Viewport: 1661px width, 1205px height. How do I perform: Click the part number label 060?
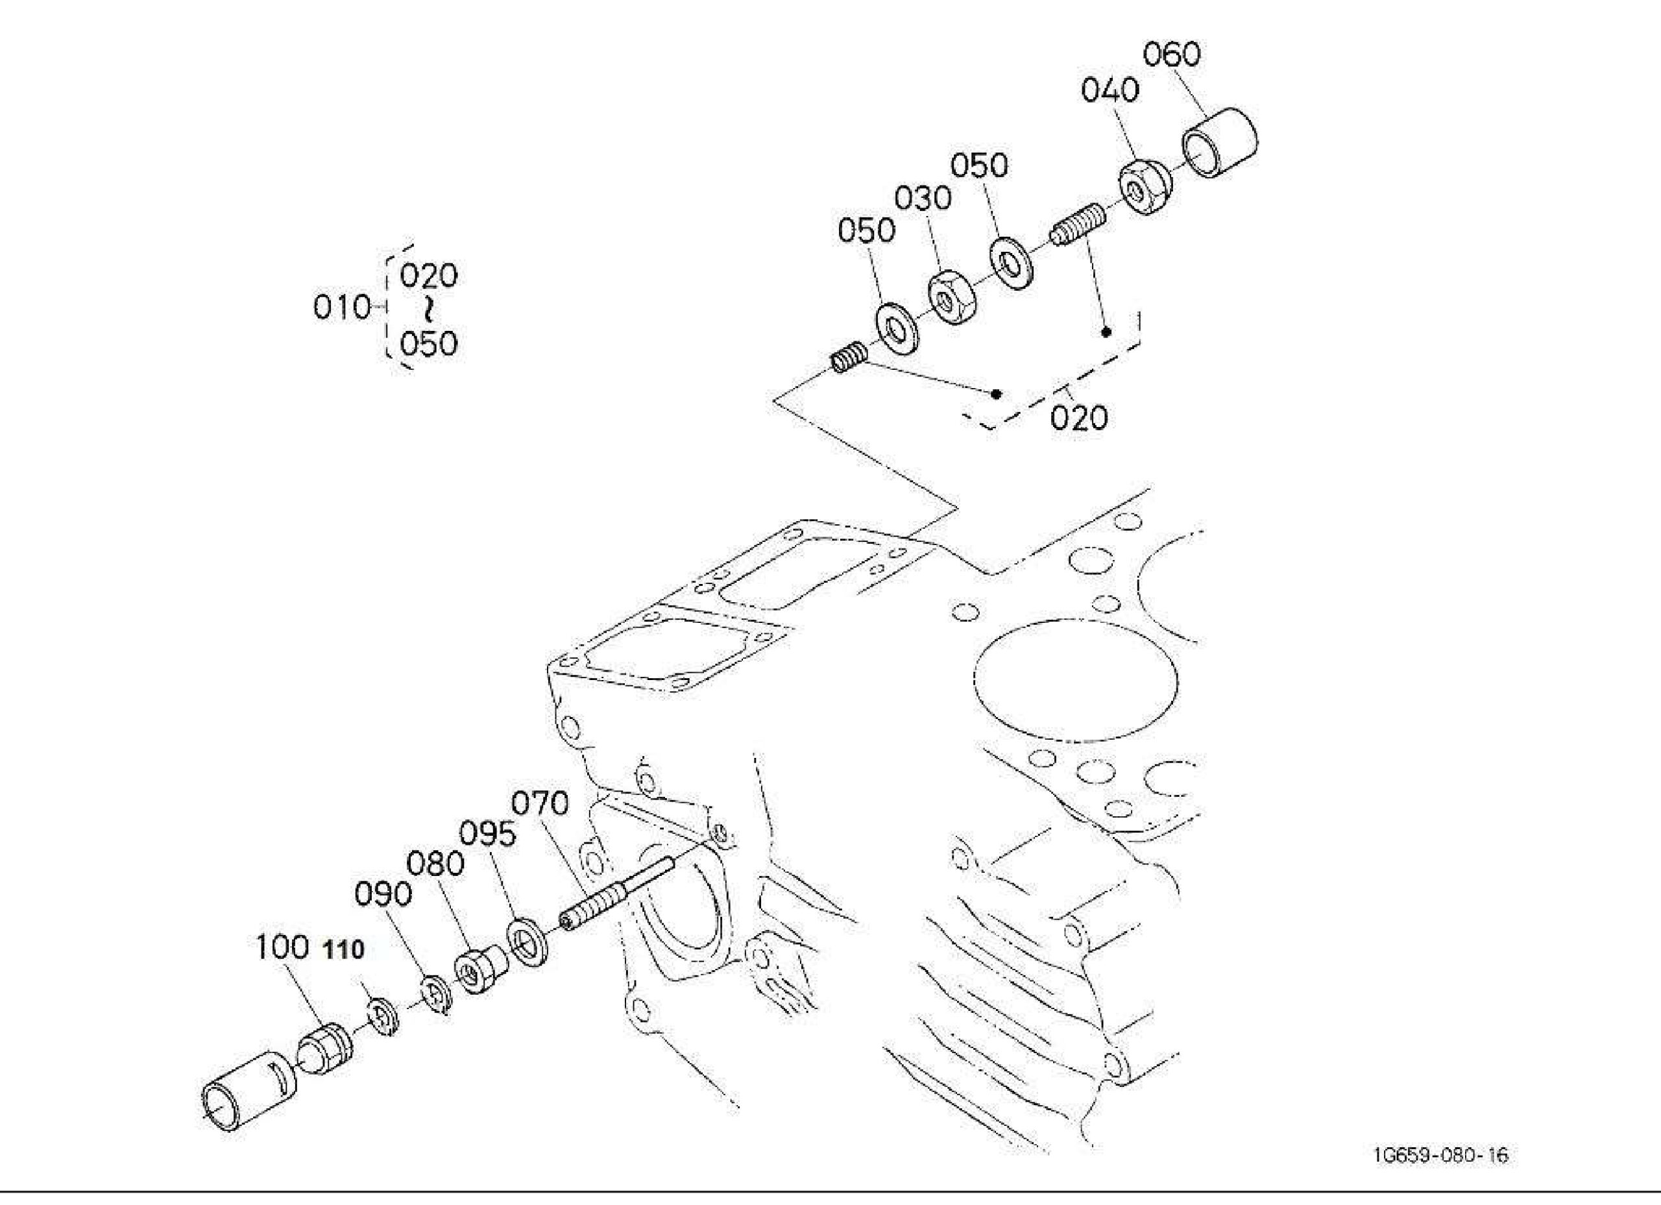pos(1172,55)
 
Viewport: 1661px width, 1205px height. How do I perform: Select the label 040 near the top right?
pos(1110,91)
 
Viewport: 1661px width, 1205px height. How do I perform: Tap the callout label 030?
pos(923,199)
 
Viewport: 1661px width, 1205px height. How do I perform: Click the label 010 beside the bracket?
pos(342,308)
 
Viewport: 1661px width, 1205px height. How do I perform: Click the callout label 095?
pos(487,834)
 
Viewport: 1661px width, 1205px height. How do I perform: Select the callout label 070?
pos(540,803)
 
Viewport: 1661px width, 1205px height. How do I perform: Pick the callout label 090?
pos(383,894)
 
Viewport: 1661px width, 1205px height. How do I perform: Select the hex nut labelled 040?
pos(1145,188)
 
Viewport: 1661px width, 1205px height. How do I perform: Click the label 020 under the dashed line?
pos(1079,419)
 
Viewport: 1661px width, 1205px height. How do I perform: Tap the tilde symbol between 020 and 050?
pos(428,310)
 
